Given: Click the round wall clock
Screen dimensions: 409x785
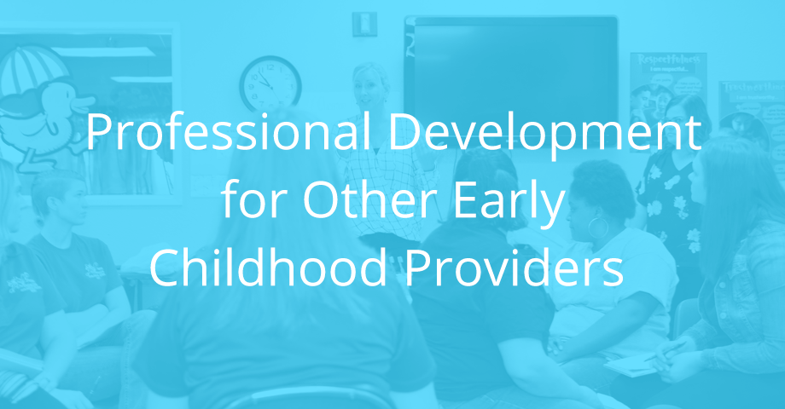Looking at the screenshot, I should pos(270,84).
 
